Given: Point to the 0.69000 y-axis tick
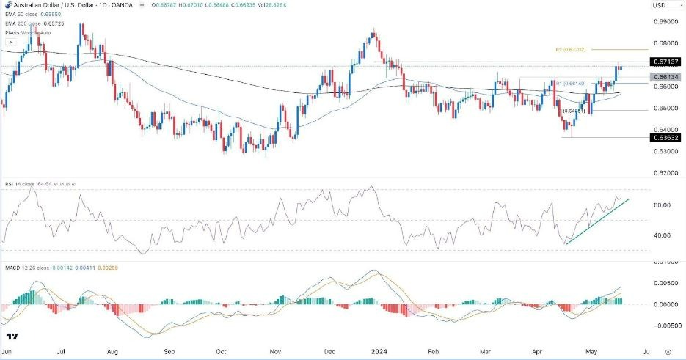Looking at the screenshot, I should (x=663, y=23).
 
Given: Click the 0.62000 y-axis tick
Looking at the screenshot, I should (x=663, y=173).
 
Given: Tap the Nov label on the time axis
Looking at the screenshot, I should (x=277, y=352).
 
